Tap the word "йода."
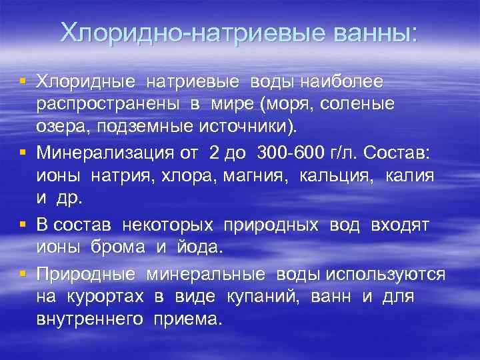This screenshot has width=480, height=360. point(198,249)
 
